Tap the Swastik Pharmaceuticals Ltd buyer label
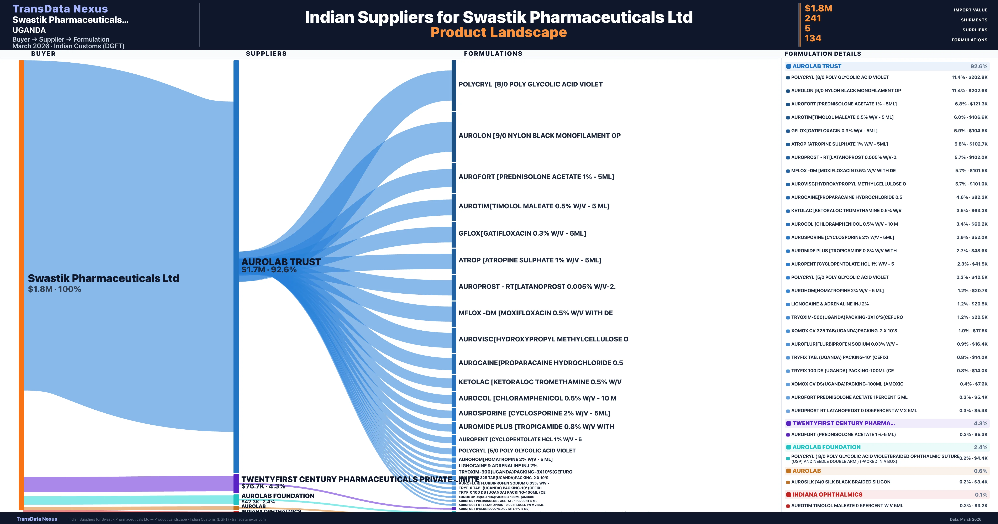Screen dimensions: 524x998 point(104,278)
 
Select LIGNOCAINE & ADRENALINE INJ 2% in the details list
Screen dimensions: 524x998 point(830,304)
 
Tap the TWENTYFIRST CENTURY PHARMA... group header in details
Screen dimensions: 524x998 point(844,423)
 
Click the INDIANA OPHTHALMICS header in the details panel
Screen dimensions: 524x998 point(827,494)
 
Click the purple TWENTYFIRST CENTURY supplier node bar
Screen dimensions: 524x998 point(236,483)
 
